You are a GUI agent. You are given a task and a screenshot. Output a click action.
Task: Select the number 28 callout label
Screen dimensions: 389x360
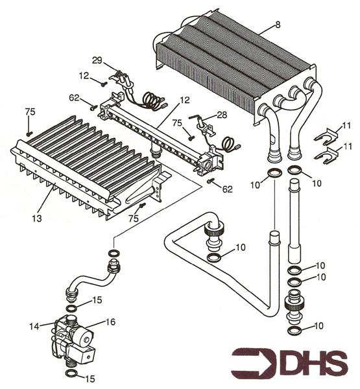tap(222, 115)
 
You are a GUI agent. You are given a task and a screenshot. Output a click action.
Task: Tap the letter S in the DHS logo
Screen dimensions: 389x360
tap(333, 364)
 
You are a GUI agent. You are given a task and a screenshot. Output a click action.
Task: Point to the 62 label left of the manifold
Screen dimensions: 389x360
tap(75, 98)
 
